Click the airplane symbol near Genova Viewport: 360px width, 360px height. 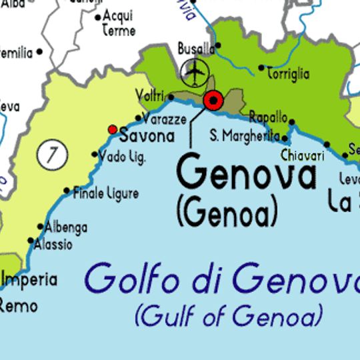point(195,72)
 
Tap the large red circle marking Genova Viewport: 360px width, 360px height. point(213,101)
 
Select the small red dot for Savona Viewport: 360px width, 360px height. point(112,129)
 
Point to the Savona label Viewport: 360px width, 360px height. point(147,136)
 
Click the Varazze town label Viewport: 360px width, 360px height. point(165,119)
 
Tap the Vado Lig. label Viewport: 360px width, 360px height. point(121,157)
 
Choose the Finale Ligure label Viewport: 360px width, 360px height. point(105,193)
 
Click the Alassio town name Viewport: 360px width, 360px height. point(55,245)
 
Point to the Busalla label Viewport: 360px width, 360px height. point(196,49)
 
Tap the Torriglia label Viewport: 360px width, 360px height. point(288,73)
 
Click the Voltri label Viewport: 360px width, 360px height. point(149,97)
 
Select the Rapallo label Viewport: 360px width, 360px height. point(268,117)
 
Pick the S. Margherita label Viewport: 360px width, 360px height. point(245,135)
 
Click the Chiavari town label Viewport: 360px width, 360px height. point(302,155)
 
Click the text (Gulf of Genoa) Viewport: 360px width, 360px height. point(229,315)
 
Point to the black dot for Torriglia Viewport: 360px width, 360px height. point(261,67)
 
